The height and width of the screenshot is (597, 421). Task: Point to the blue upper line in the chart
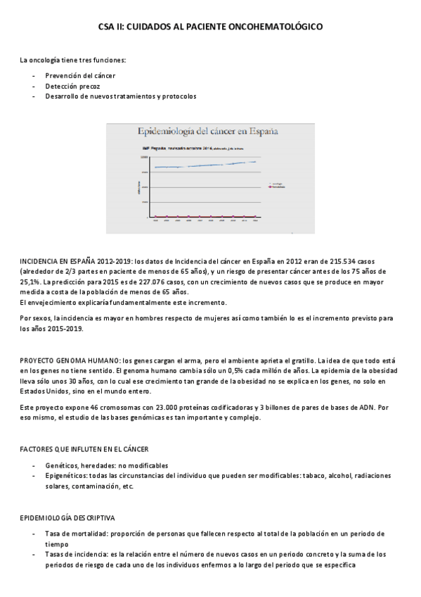(204, 165)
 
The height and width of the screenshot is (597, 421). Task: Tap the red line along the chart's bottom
(204, 216)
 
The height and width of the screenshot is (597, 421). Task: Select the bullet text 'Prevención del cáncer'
(81, 75)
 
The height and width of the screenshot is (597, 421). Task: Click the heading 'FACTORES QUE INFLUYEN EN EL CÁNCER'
(83, 448)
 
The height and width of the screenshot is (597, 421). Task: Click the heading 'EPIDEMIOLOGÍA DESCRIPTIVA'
(68, 517)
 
